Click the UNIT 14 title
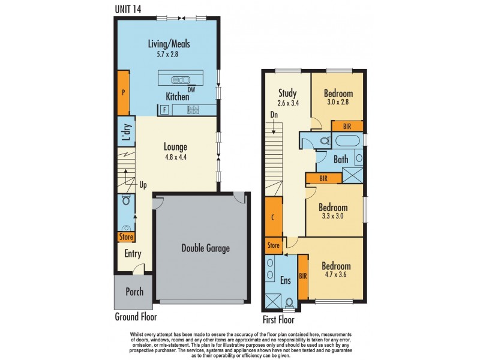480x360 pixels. click(x=128, y=9)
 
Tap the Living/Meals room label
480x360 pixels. click(x=169, y=44)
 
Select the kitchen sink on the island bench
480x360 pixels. click(x=181, y=80)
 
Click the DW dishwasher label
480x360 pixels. click(x=191, y=89)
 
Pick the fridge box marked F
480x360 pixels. click(x=164, y=110)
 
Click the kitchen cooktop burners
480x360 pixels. click(x=193, y=110)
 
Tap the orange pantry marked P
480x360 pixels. click(x=124, y=93)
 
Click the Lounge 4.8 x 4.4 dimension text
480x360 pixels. click(x=175, y=157)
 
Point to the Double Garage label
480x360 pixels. click(x=206, y=248)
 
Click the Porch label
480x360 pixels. click(x=134, y=292)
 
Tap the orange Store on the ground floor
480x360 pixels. click(x=126, y=236)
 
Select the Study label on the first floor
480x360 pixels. click(x=287, y=93)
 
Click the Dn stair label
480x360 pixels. click(x=274, y=115)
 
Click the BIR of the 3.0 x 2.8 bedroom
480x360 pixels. click(x=347, y=126)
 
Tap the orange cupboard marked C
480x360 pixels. click(x=273, y=217)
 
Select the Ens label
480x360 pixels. click(x=286, y=280)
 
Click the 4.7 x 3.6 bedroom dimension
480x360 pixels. click(x=336, y=275)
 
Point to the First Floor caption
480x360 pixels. click(x=278, y=320)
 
